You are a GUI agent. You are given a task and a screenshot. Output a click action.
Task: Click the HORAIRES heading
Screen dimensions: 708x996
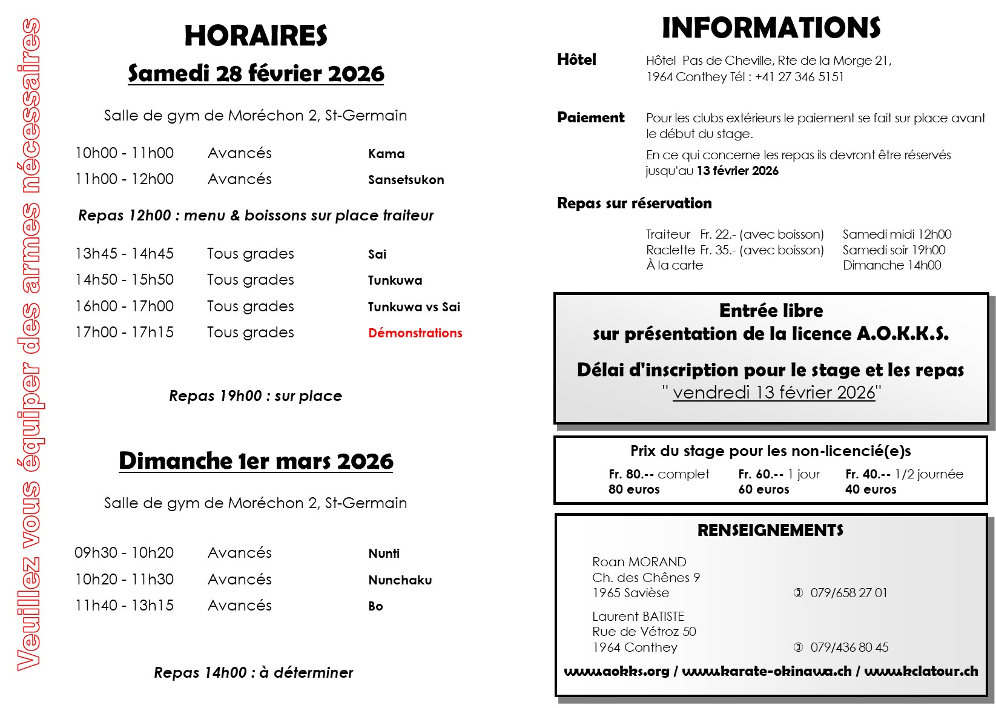(x=256, y=36)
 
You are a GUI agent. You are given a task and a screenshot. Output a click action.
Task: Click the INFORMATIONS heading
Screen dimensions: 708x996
(x=771, y=28)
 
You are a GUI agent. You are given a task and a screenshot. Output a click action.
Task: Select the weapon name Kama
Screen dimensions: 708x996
(x=386, y=154)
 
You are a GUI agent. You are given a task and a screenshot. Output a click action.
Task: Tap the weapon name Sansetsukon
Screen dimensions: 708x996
(x=406, y=180)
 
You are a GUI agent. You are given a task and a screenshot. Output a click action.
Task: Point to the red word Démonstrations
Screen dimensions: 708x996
(x=415, y=333)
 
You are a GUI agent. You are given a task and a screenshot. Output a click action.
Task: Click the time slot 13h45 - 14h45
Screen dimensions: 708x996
(x=124, y=254)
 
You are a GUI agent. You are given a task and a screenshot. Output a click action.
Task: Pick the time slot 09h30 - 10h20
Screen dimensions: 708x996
(x=124, y=553)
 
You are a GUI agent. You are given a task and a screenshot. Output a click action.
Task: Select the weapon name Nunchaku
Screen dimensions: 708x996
(x=400, y=580)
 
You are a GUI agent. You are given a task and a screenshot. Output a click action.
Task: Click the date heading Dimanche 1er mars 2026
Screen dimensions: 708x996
(x=256, y=461)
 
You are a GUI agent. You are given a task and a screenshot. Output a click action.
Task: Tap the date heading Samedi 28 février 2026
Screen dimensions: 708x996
(x=256, y=73)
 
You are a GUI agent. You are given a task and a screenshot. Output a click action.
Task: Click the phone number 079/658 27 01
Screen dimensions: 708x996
(x=848, y=593)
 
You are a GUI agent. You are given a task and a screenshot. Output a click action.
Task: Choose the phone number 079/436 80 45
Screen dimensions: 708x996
(x=849, y=647)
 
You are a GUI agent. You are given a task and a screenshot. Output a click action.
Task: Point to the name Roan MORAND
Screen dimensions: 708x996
(x=639, y=562)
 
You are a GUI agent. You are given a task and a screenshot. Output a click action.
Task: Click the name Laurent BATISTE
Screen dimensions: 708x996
(x=638, y=617)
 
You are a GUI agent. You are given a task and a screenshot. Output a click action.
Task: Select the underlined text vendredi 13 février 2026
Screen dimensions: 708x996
(x=773, y=392)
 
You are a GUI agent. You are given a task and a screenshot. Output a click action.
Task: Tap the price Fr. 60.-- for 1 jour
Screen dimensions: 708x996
(x=760, y=474)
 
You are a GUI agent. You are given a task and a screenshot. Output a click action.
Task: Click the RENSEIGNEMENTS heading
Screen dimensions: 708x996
(x=770, y=531)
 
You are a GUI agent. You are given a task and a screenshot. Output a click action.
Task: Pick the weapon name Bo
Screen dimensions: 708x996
(x=375, y=606)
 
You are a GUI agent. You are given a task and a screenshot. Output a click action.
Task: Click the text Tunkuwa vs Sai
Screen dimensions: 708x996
(x=414, y=307)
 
